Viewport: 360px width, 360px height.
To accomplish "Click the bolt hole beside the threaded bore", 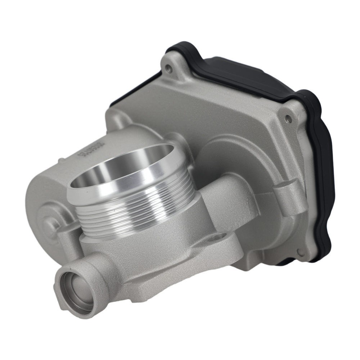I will pyautogui.click(x=219, y=237).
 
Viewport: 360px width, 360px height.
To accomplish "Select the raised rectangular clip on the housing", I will pyautogui.click(x=284, y=196).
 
